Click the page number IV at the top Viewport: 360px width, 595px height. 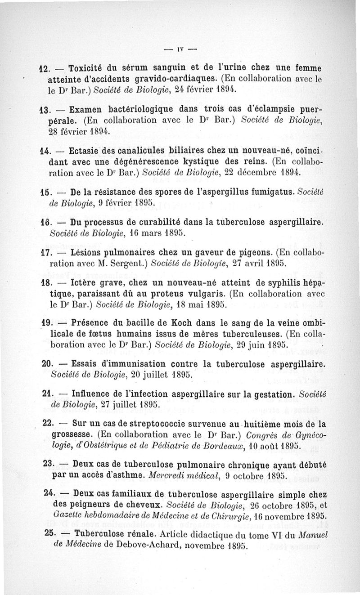point(180,49)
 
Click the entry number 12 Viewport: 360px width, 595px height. point(44,69)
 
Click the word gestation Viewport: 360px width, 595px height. point(266,394)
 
